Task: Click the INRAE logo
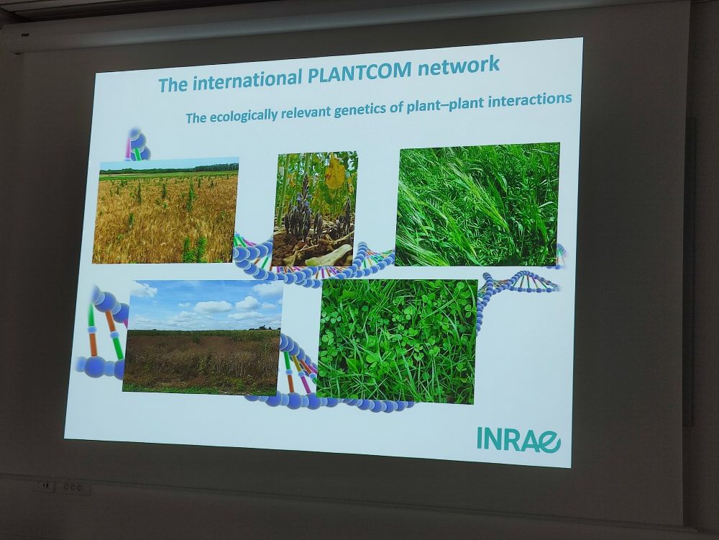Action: click(x=518, y=439)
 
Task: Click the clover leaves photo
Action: click(x=397, y=341)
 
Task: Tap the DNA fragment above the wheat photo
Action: click(x=137, y=144)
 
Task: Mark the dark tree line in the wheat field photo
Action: click(x=169, y=171)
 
